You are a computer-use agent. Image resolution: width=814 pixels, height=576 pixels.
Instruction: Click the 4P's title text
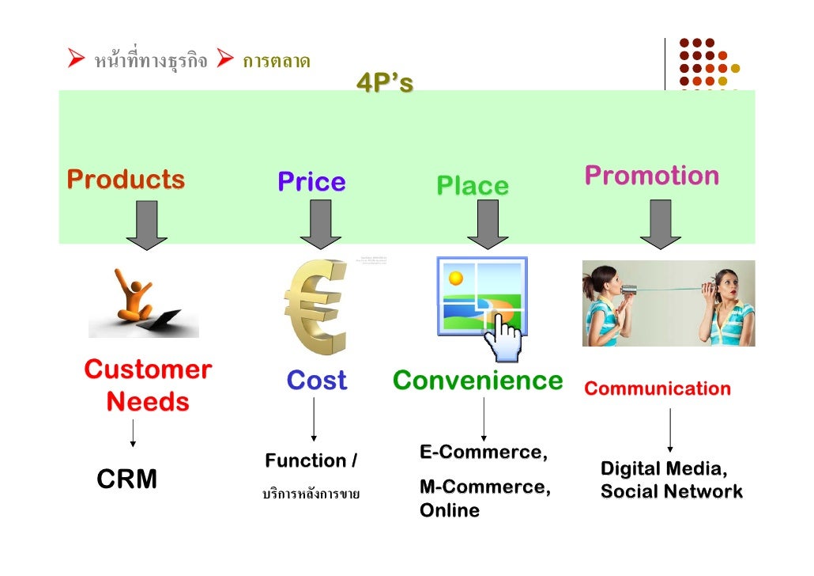point(385,82)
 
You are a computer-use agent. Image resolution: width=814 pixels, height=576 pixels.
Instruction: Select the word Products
point(126,180)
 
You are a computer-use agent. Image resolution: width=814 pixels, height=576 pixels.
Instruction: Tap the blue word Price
point(311,183)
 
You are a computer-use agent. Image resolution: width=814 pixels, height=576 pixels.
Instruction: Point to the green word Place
point(473,187)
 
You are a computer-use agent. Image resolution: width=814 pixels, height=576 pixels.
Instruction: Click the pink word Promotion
point(652,176)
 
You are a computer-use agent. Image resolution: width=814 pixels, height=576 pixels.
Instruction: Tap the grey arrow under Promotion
point(660,224)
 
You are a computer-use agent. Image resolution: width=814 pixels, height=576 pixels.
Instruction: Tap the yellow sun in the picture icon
point(455,279)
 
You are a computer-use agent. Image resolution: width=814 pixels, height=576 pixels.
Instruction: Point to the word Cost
point(316,381)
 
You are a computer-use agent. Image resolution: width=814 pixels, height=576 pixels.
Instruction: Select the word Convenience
point(477,381)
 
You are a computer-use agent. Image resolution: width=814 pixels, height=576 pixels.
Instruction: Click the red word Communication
point(658,388)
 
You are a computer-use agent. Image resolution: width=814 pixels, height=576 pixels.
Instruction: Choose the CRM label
point(126,479)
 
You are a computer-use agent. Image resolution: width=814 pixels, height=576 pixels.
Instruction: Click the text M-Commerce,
point(484,487)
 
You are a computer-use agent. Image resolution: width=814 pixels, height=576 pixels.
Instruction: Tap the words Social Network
point(671,492)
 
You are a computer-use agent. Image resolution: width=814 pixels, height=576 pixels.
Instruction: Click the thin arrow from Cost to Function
point(314,419)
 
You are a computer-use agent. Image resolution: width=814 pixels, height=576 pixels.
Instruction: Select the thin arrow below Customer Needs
point(133,433)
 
